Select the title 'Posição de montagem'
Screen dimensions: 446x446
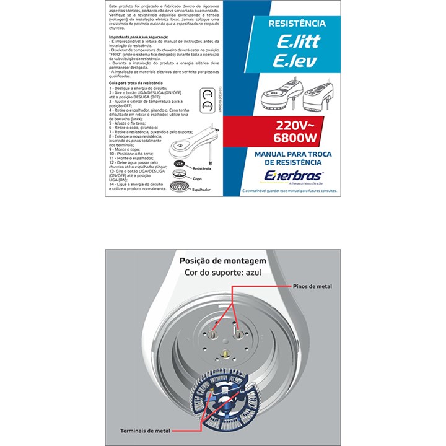click(222, 261)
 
